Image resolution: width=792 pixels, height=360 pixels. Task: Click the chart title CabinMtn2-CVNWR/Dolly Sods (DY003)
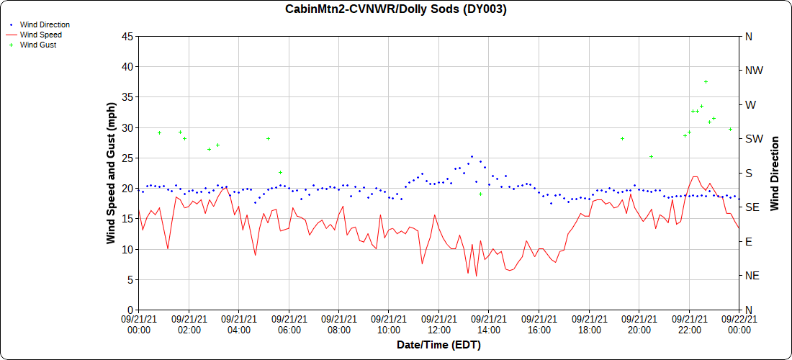(395, 9)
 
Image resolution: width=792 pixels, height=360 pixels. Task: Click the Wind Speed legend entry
(40, 35)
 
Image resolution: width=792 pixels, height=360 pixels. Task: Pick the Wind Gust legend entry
(38, 45)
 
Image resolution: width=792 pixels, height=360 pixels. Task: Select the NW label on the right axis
(754, 71)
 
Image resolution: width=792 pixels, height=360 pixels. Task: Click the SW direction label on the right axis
(754, 139)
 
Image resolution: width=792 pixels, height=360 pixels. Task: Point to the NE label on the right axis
(752, 276)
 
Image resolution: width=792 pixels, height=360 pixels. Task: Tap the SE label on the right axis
(752, 207)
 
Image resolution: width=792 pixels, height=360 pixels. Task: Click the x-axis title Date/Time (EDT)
(438, 345)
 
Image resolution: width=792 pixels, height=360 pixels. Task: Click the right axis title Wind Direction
(775, 173)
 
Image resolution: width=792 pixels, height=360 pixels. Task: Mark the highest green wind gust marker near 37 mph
(706, 82)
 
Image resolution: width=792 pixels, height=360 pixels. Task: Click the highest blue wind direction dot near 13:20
(472, 157)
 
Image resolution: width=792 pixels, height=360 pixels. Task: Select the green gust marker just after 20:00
(651, 157)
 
